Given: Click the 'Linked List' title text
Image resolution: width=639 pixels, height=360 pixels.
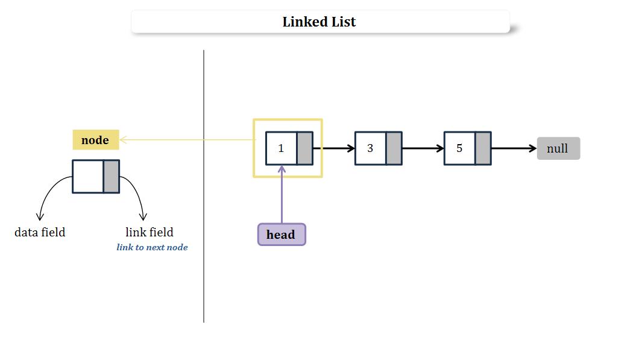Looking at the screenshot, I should click(319, 22).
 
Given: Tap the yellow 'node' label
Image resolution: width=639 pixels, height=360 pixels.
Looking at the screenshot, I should click(95, 140).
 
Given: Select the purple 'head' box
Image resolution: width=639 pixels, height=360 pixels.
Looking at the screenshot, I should click(281, 235).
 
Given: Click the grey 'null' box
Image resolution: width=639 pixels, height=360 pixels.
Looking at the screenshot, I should click(558, 148).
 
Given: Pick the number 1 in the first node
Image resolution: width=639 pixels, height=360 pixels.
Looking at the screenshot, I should click(281, 148).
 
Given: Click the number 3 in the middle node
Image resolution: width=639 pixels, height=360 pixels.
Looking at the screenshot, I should click(370, 148).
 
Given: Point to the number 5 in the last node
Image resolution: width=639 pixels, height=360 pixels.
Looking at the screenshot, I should click(459, 148).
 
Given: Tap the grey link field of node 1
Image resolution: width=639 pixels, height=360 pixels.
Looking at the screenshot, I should click(304, 148).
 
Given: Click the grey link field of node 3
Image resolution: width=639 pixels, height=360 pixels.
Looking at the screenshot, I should click(394, 148).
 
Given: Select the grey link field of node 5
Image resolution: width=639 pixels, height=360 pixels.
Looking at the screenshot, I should click(483, 148).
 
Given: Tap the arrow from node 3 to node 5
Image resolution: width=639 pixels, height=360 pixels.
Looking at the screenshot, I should click(423, 148).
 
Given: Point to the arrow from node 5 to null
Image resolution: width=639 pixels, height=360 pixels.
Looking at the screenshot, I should click(513, 148).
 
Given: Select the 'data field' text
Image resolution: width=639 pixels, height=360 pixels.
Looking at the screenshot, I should click(40, 232).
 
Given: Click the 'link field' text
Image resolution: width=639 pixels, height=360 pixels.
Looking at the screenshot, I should click(150, 232).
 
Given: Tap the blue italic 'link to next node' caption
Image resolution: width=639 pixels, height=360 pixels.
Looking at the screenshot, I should click(152, 247).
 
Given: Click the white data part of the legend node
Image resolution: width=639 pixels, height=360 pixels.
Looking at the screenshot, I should click(88, 176).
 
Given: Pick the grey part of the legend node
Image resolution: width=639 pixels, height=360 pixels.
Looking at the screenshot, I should click(111, 176).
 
